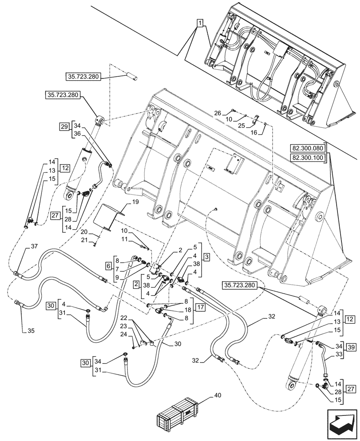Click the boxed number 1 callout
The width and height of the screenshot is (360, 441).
200,23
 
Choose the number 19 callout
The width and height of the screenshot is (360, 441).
135,202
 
